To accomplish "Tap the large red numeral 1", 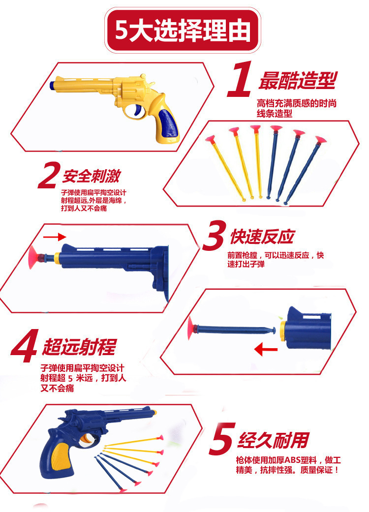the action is tap(241, 79).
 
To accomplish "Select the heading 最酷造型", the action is tap(298, 81).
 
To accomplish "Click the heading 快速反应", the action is tap(262, 237).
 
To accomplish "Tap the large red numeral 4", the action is tap(24, 346).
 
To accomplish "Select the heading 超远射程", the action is tap(79, 347).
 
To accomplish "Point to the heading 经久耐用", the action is tap(274, 440).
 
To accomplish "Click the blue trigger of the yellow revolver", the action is tap(137, 111).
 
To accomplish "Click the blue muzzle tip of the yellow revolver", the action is tap(52, 85).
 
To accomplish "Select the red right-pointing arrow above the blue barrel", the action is tap(55, 237).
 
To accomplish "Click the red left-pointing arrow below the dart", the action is tap(266, 350).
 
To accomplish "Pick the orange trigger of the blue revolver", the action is tap(86, 440).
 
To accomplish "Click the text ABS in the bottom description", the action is tap(293, 460).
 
